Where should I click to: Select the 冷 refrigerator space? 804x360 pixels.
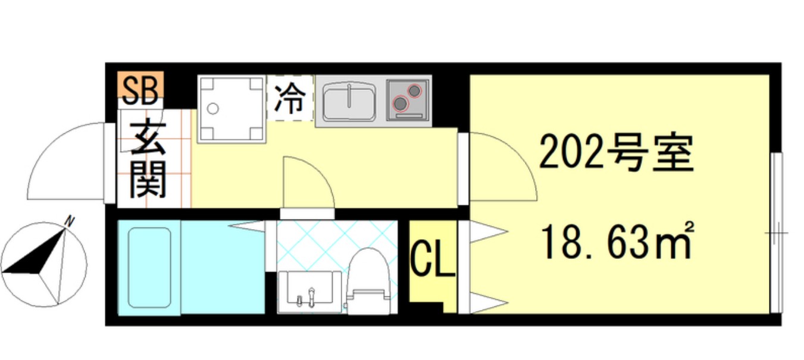pos(290,99)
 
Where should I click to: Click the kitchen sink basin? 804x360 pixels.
pos(349,102)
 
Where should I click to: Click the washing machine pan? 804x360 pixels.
pos(231,108)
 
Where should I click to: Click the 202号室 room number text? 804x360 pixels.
pos(616,153)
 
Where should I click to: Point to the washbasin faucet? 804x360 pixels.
pos(310,296)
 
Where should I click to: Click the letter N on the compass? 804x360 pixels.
pos(70,222)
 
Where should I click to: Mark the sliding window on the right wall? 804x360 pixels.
pos(776,232)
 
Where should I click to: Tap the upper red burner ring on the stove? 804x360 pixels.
pos(414,90)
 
